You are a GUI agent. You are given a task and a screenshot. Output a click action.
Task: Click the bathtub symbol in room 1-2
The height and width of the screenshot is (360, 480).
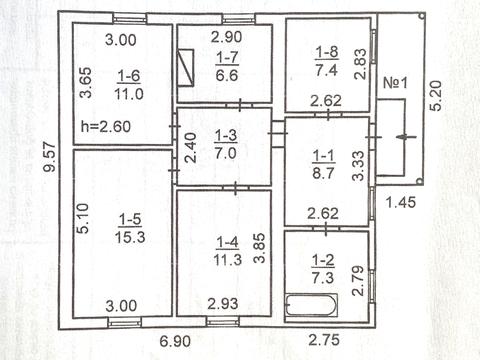[312, 304]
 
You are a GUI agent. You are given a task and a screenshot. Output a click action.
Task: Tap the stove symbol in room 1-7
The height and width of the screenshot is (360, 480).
[185, 68]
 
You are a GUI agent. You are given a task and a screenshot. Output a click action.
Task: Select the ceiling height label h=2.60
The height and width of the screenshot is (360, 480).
[106, 127]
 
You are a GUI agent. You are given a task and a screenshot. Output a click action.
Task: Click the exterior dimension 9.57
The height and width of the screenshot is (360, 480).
[49, 157]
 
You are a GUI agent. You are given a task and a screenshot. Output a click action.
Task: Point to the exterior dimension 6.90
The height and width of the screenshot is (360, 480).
[175, 341]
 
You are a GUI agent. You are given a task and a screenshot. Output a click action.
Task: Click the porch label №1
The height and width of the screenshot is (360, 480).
[395, 83]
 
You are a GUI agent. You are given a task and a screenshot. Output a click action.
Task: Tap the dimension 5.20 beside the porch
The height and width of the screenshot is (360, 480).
[435, 96]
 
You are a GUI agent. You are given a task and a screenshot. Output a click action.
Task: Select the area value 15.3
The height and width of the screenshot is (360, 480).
[130, 237]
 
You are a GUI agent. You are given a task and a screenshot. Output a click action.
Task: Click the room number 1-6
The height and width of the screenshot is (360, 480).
[129, 76]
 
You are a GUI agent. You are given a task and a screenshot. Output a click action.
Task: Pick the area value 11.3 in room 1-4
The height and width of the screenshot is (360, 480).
[228, 260]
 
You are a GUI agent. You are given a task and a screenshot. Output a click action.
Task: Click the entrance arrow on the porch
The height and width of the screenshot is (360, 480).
[406, 136]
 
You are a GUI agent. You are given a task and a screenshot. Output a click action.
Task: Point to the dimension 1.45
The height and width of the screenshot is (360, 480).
[401, 202]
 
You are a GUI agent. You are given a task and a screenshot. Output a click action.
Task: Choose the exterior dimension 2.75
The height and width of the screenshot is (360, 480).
[324, 340]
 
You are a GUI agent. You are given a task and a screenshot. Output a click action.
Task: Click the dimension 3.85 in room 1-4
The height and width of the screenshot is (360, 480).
[259, 248]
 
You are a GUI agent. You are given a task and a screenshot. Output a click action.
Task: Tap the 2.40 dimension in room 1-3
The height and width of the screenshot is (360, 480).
[190, 148]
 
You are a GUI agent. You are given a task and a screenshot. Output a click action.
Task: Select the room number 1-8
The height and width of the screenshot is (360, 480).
[327, 52]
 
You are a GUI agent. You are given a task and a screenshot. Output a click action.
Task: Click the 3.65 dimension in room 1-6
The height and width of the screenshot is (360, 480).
[85, 83]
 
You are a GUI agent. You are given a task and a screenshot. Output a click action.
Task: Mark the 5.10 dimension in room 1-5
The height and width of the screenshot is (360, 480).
[83, 218]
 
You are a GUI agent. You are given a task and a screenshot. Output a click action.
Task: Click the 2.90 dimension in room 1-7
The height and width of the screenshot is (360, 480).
[226, 37]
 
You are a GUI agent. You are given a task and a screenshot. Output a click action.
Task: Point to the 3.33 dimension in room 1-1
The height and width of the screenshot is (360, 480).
[358, 166]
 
